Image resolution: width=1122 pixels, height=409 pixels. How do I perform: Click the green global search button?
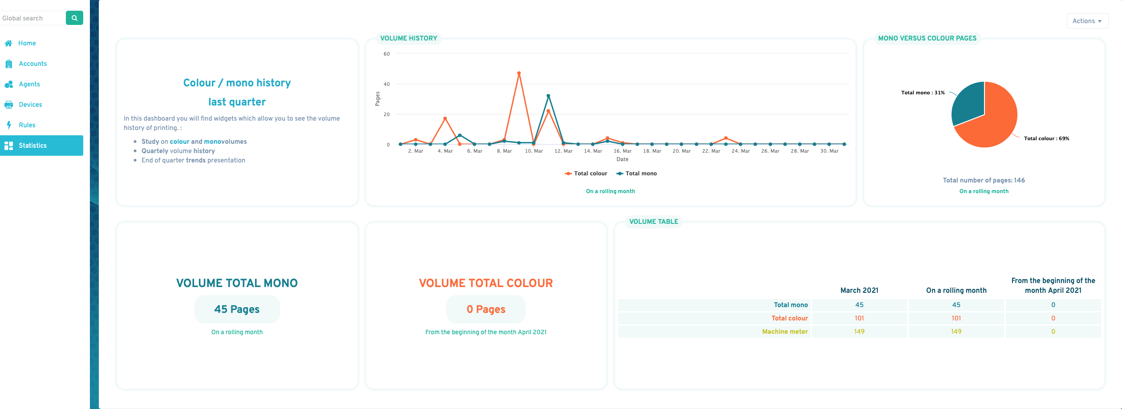pyautogui.click(x=74, y=18)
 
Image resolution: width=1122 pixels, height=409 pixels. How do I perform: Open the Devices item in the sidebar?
pyautogui.click(x=30, y=105)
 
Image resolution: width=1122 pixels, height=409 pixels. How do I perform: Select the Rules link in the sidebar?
pyautogui.click(x=27, y=125)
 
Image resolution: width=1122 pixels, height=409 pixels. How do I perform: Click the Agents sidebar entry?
pyautogui.click(x=29, y=84)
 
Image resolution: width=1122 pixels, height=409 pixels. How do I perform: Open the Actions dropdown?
pyautogui.click(x=1087, y=21)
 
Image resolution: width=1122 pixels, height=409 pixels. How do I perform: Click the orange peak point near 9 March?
pyautogui.click(x=519, y=73)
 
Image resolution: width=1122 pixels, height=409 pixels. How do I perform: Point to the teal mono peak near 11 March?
pyautogui.click(x=548, y=96)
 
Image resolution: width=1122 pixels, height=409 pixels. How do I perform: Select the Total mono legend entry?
pyautogui.click(x=636, y=174)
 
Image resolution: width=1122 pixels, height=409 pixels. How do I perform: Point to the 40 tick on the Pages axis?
pyautogui.click(x=387, y=84)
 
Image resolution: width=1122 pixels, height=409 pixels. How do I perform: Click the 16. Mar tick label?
pyautogui.click(x=623, y=151)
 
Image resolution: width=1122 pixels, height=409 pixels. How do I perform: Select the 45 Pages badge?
pyautogui.click(x=237, y=309)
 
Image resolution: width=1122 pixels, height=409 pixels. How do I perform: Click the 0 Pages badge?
pyautogui.click(x=486, y=309)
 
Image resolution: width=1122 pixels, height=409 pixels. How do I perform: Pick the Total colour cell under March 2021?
pyautogui.click(x=859, y=318)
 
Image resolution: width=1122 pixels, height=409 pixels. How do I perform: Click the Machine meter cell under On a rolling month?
pyautogui.click(x=956, y=332)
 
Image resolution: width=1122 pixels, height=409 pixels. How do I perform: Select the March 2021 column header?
pyautogui.click(x=859, y=291)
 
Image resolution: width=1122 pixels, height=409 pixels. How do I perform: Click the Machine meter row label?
pyautogui.click(x=785, y=332)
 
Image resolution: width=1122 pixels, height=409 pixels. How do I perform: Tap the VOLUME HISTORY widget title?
pyautogui.click(x=409, y=38)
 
